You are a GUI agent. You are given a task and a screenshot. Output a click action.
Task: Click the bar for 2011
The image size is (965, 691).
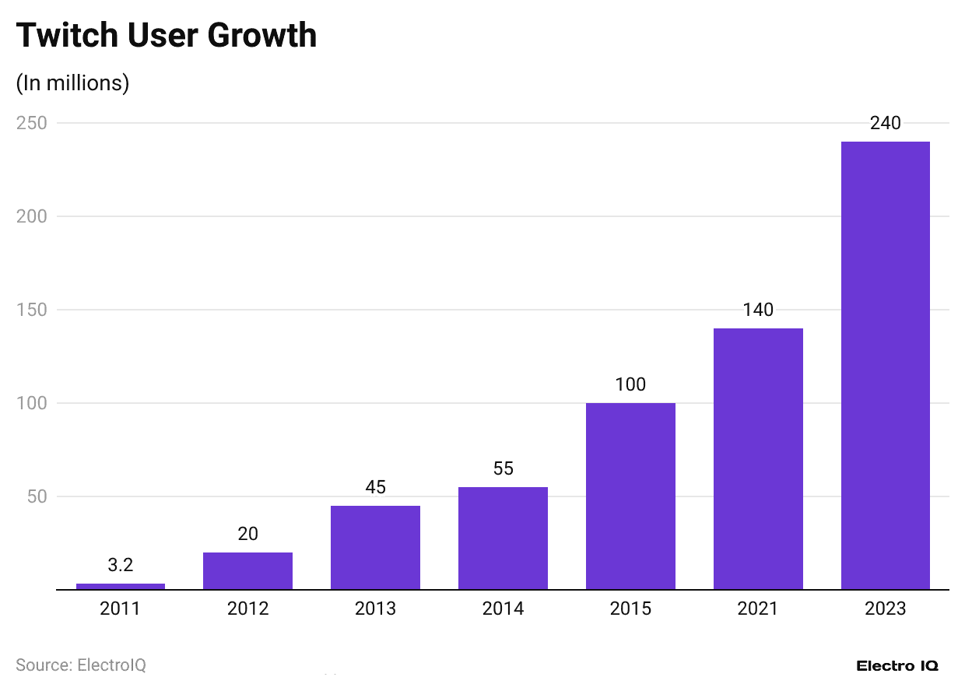click(121, 586)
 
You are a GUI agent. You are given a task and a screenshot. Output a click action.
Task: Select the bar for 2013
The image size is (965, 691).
click(375, 548)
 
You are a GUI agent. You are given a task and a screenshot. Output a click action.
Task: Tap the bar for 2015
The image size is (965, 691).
click(630, 496)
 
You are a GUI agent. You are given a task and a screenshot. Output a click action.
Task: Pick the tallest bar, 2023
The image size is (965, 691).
click(886, 366)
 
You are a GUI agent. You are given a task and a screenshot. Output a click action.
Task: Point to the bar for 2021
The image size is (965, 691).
click(758, 459)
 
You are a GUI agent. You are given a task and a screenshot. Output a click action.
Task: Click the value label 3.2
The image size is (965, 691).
click(121, 565)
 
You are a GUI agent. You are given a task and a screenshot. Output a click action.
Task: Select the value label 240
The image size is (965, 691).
click(886, 123)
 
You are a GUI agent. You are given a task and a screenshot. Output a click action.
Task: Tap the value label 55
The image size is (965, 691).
click(503, 468)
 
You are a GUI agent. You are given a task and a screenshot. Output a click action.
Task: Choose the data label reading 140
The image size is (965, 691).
click(758, 310)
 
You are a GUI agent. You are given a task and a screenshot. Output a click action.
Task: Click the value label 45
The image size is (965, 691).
click(375, 487)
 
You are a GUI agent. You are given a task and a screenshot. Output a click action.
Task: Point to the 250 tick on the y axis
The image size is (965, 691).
click(32, 123)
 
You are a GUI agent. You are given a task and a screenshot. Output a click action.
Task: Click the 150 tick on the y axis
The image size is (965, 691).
click(32, 310)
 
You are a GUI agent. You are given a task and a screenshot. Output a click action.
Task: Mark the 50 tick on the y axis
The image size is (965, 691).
click(36, 496)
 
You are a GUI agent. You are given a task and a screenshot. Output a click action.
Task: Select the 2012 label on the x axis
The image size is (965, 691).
click(247, 609)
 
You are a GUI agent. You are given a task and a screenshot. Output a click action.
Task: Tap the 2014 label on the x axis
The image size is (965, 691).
click(503, 609)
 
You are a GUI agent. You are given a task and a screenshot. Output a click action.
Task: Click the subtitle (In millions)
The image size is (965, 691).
click(72, 82)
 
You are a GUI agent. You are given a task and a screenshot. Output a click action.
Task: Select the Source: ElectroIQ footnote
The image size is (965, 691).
click(81, 665)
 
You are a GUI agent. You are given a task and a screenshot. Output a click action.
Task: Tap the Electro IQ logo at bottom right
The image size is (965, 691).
click(897, 666)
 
